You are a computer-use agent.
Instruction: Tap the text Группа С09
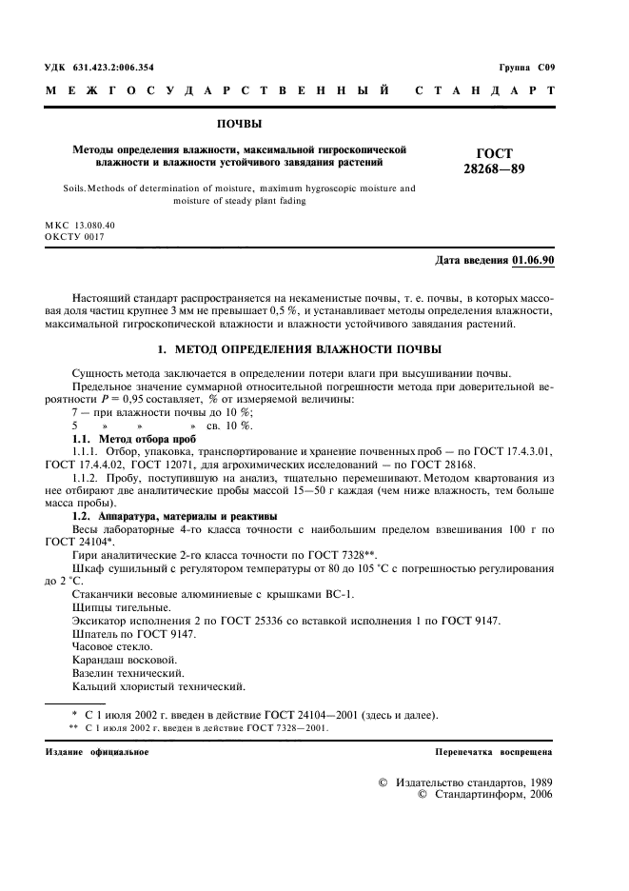tap(525, 68)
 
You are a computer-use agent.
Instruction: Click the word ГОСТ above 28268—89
tap(493, 153)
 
